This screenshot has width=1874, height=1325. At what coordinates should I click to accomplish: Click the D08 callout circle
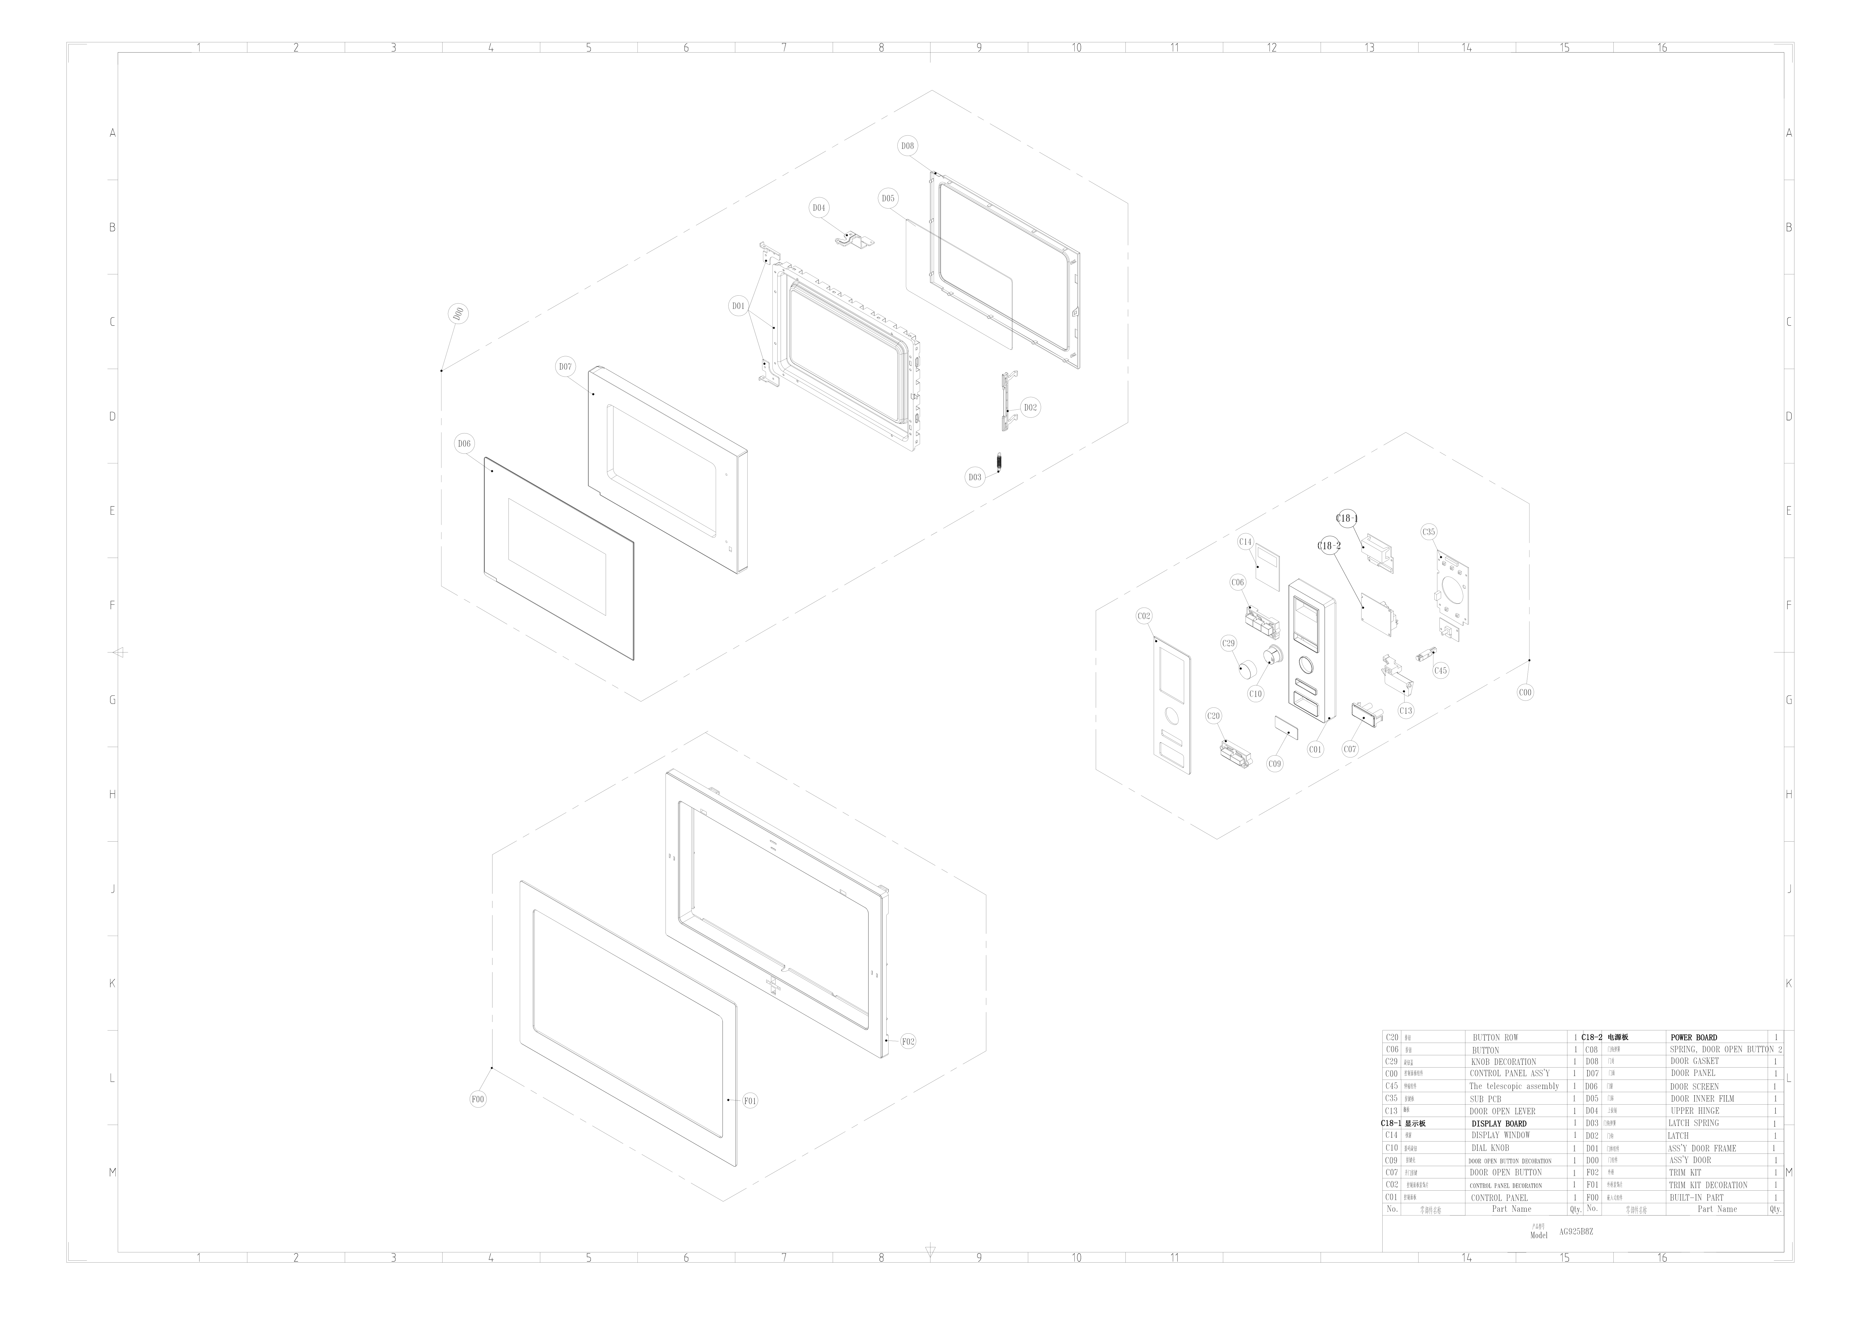pos(907,146)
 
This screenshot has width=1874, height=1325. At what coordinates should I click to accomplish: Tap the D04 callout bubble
pos(819,208)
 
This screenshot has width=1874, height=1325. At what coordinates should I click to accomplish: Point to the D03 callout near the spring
pos(975,478)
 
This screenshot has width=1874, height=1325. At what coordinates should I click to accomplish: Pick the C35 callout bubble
pos(1428,532)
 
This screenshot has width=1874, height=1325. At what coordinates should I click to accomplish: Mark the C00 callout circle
pos(1525,692)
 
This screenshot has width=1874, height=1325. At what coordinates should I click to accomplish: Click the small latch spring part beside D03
pos(999,462)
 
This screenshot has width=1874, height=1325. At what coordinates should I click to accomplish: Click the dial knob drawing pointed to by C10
pos(1272,656)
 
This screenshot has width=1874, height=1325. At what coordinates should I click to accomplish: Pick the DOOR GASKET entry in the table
pos(1695,1061)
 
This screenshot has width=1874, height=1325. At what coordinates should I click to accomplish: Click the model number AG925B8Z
pos(1576,1232)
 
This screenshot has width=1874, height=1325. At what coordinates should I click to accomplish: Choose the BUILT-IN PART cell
pos(1697,1198)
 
